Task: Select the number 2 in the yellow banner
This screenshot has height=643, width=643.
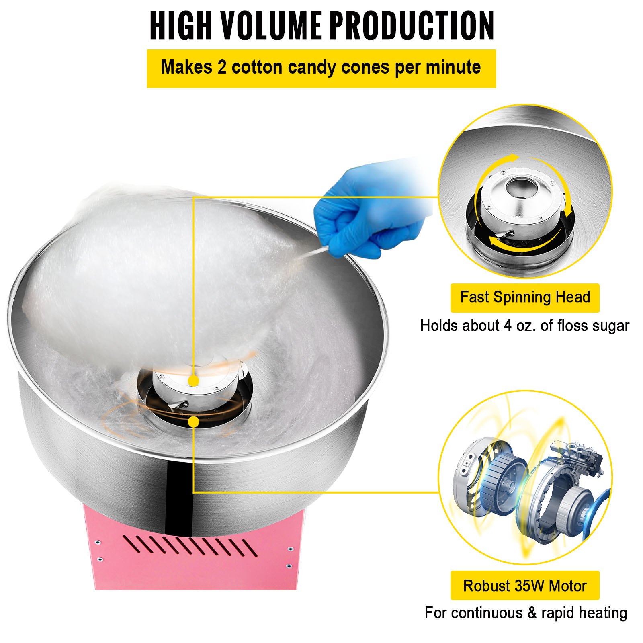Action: pos(222,67)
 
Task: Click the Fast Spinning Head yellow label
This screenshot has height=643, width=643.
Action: pos(524,298)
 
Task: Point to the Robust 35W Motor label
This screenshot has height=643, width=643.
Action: pos(524,586)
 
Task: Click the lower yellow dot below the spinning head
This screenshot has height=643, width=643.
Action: pos(194,422)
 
